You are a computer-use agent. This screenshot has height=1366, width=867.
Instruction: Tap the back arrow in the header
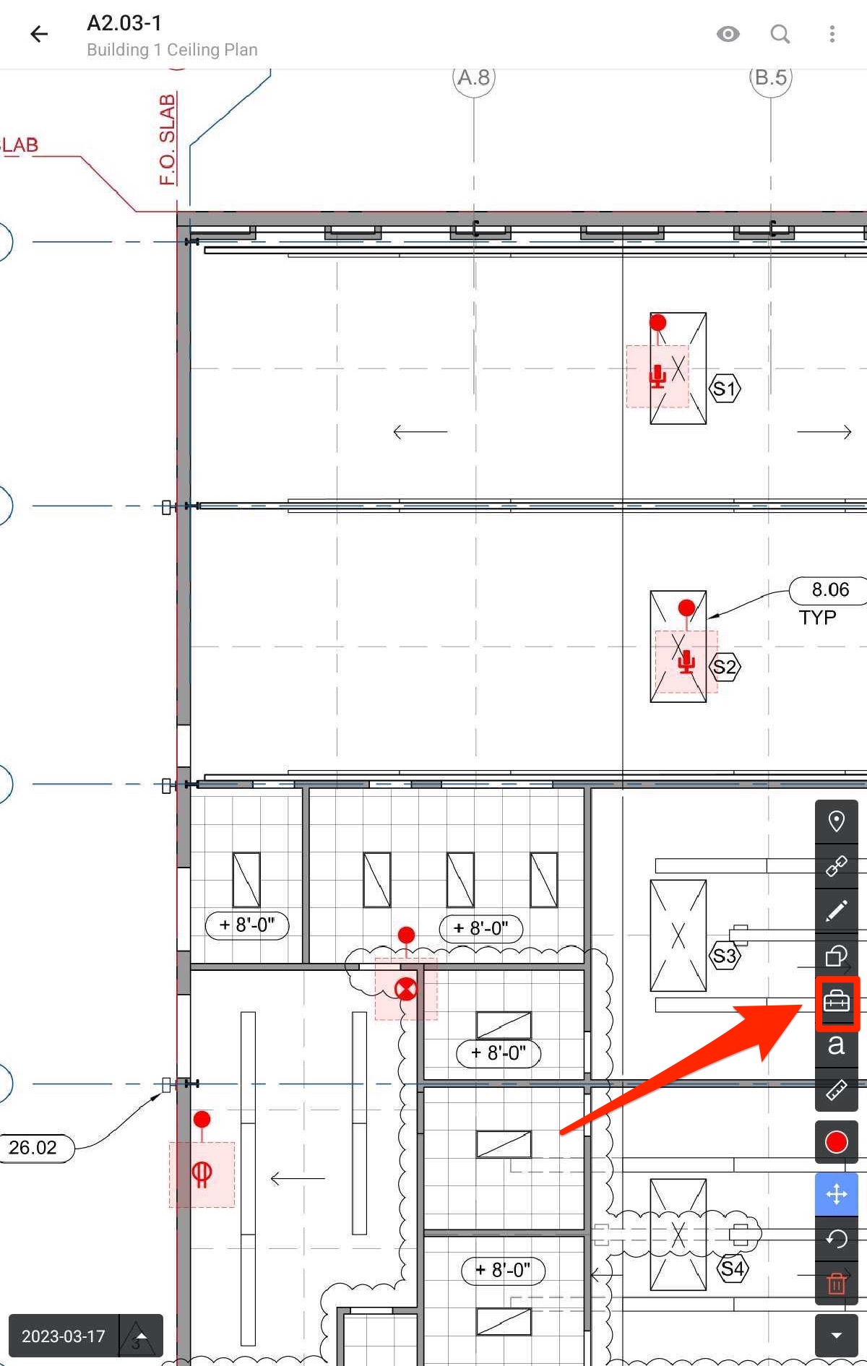pyautogui.click(x=39, y=34)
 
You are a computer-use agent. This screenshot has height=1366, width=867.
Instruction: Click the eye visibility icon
pyautogui.click(x=728, y=34)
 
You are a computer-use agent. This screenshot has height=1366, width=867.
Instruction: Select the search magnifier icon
pyautogui.click(x=780, y=34)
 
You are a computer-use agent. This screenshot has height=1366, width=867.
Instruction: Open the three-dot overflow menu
pyautogui.click(x=832, y=34)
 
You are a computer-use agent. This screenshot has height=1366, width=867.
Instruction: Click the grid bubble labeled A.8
pyautogui.click(x=474, y=78)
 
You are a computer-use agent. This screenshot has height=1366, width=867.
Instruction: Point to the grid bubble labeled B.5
pyautogui.click(x=770, y=78)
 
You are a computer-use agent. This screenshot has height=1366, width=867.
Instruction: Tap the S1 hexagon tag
pyautogui.click(x=725, y=389)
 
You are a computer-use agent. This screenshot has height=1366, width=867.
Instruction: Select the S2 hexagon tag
pyautogui.click(x=725, y=667)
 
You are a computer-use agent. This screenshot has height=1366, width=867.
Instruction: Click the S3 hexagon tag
pyautogui.click(x=725, y=956)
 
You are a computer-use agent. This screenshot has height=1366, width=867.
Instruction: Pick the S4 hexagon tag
pyautogui.click(x=732, y=1268)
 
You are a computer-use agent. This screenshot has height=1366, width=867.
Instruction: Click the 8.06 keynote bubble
pyautogui.click(x=829, y=590)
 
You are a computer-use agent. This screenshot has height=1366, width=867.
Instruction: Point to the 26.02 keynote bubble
pyautogui.click(x=33, y=1147)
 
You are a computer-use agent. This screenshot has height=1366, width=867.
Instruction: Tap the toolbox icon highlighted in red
pyautogui.click(x=837, y=1002)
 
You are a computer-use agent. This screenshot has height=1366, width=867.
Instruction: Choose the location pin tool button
pyautogui.click(x=837, y=821)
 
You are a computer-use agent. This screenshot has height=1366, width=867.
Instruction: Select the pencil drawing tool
pyautogui.click(x=837, y=911)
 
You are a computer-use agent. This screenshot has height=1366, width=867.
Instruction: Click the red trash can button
pyautogui.click(x=837, y=1283)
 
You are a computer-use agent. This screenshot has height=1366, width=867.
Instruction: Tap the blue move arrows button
pyautogui.click(x=837, y=1194)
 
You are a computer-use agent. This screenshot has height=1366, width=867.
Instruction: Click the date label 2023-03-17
pyautogui.click(x=64, y=1336)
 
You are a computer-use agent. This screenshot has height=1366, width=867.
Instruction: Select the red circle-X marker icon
pyautogui.click(x=406, y=989)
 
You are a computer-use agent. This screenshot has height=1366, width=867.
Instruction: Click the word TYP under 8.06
pyautogui.click(x=817, y=618)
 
